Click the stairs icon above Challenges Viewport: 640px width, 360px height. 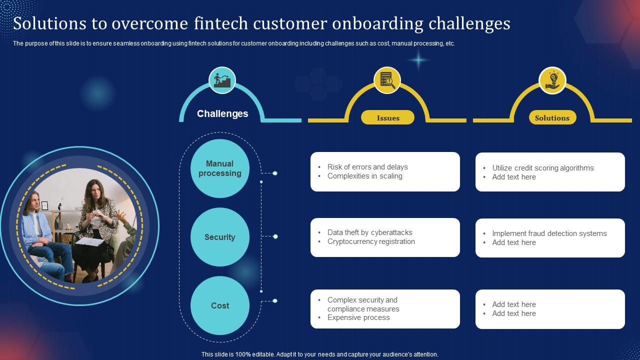(x=222, y=80)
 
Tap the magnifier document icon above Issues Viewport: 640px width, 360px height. (x=387, y=80)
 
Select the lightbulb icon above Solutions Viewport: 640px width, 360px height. (x=552, y=80)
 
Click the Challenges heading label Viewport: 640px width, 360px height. (x=222, y=113)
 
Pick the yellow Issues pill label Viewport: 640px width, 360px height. (x=388, y=118)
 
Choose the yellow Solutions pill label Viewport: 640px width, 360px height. (x=552, y=118)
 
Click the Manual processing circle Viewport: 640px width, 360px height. (x=220, y=168)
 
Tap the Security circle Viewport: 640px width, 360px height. (x=220, y=237)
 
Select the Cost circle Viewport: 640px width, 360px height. (x=220, y=305)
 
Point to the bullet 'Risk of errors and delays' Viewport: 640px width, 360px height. (x=367, y=167)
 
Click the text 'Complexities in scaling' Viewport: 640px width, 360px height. (x=364, y=176)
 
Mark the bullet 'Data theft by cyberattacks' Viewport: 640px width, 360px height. (x=369, y=232)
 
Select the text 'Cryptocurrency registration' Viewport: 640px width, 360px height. (x=371, y=241)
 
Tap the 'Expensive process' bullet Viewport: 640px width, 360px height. (x=358, y=317)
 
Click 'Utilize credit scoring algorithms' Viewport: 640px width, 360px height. (x=543, y=168)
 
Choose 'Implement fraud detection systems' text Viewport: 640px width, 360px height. (x=549, y=233)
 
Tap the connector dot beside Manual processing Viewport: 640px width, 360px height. (x=274, y=173)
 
